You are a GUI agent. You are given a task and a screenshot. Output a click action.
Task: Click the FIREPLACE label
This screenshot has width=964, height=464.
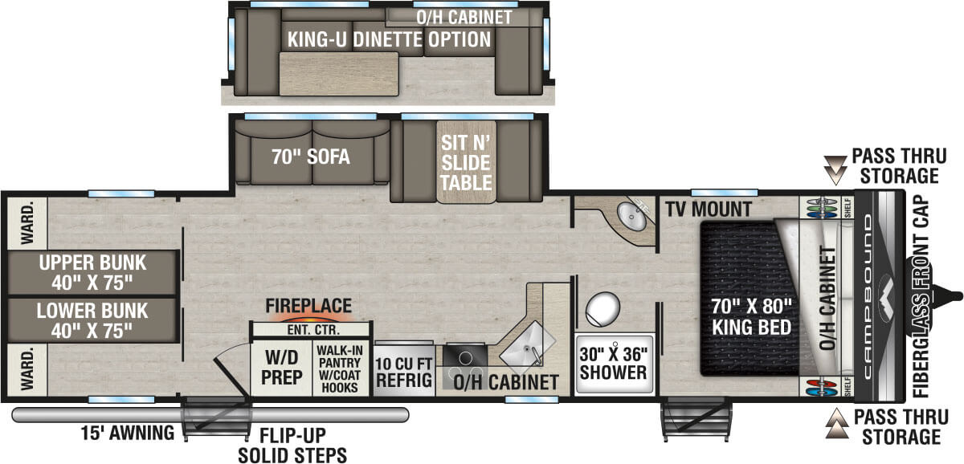(308, 306)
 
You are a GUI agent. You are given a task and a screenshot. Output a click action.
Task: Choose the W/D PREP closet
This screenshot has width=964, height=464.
(280, 368)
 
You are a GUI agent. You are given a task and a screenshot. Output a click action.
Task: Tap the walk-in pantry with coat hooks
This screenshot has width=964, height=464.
(341, 368)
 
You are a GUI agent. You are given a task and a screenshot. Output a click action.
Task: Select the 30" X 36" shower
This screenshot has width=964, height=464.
(615, 363)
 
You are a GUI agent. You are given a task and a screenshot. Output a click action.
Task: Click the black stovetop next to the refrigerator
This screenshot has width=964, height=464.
(460, 356)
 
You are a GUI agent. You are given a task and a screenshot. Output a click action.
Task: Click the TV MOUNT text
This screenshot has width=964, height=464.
(708, 210)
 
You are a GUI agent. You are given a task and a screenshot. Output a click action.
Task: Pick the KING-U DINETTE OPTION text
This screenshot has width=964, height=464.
(390, 39)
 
